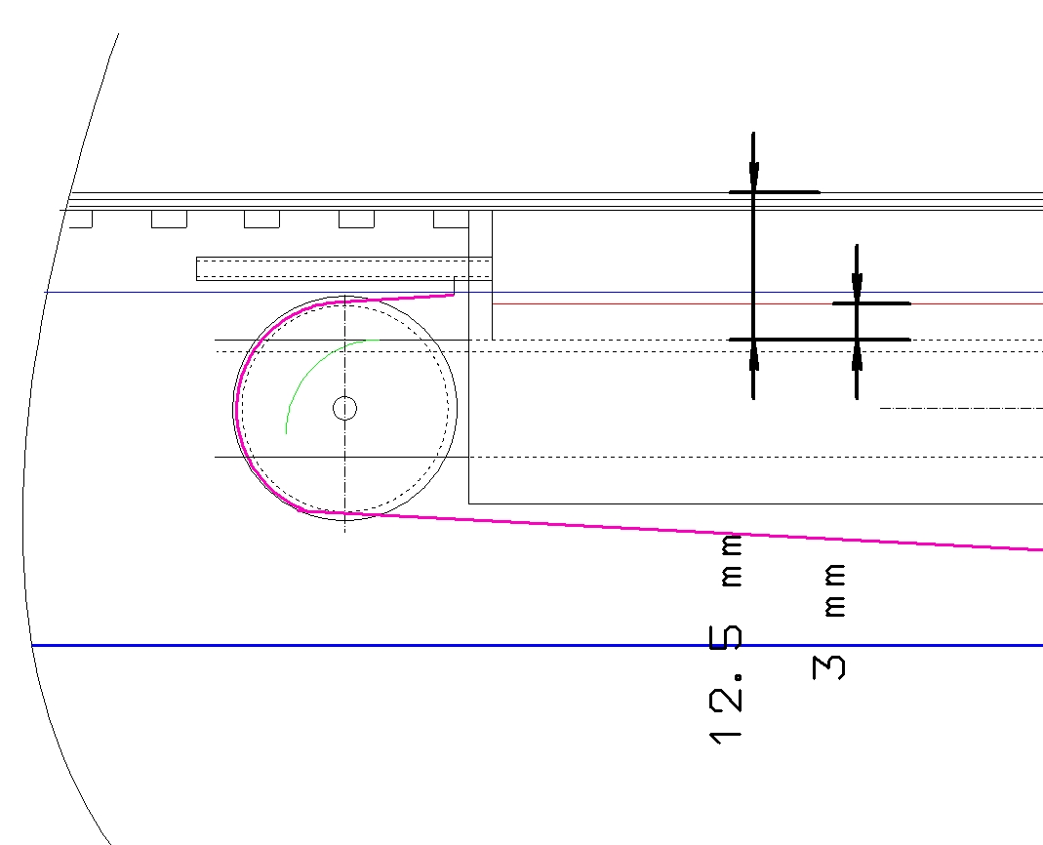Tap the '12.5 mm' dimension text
click(x=726, y=639)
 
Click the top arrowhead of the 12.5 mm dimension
click(x=753, y=176)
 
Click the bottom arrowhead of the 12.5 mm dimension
click(x=753, y=355)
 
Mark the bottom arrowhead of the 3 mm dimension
click(x=857, y=355)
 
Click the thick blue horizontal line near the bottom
click(x=538, y=645)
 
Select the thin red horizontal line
click(x=768, y=303)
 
